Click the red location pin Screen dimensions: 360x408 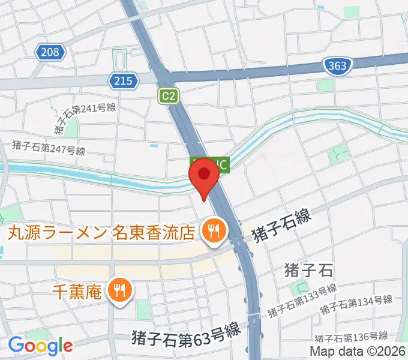[x=203, y=178]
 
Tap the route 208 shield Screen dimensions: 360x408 [x=50, y=53]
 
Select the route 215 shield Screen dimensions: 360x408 [x=121, y=79]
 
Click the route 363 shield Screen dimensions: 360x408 [x=337, y=65]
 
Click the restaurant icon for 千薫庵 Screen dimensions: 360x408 [x=120, y=291]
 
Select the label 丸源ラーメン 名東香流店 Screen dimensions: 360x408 [x=101, y=231]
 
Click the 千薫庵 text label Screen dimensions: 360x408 [x=77, y=292]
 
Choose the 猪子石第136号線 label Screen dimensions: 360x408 [x=353, y=337]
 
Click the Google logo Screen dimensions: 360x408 [x=40, y=346]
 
